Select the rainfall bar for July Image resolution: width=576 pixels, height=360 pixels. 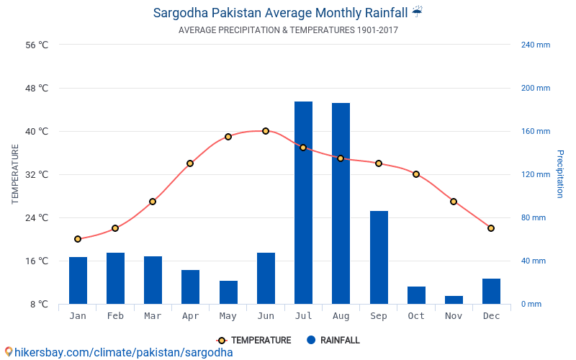(303, 202)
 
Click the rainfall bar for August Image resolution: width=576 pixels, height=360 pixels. (341, 203)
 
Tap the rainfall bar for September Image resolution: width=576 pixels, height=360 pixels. (379, 257)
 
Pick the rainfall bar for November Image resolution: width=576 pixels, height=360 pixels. (454, 300)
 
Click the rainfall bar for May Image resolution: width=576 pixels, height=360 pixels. (228, 292)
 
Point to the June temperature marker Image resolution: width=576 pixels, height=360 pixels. (266, 131)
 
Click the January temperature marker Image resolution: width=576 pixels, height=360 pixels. (78, 239)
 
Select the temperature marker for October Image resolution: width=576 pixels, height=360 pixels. (416, 174)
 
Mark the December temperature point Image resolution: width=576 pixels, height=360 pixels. (491, 228)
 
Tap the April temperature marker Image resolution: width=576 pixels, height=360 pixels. (190, 163)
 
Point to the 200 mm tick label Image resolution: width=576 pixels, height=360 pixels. (535, 89)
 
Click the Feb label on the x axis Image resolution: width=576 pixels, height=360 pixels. (115, 316)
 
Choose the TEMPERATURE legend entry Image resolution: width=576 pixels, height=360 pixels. (254, 341)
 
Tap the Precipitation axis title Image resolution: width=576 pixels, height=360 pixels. (559, 174)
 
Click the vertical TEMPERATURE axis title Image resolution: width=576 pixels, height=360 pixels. (15, 174)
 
